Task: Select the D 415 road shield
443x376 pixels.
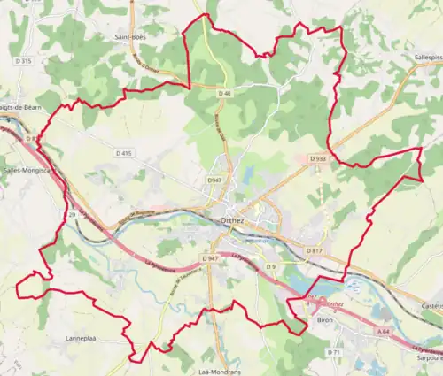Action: pos(123,153)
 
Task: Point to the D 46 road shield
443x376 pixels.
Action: pos(224,93)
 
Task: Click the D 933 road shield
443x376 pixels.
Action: pos(317,158)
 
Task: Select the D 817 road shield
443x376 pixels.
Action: pos(313,251)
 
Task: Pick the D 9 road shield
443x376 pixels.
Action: pos(271,266)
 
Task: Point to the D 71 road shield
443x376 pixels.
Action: pos(333,352)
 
